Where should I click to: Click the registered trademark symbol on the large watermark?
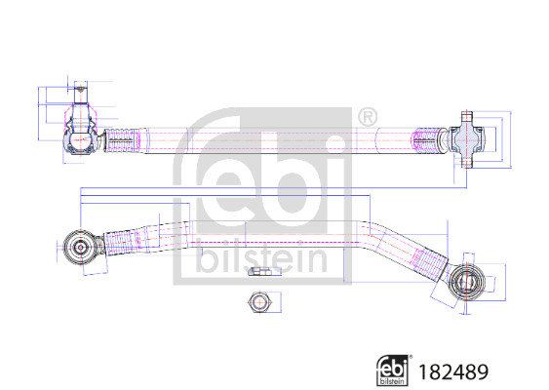click(x=367, y=119)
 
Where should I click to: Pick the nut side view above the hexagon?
click(x=259, y=271)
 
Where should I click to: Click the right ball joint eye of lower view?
click(x=468, y=282)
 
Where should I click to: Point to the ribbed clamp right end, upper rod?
click(x=427, y=139)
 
